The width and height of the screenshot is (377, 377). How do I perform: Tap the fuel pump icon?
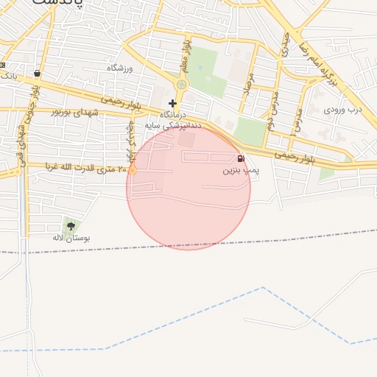point(241,158)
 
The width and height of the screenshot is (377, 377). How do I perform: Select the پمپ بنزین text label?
point(241,170)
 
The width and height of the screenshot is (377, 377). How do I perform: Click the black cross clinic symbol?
point(172,103)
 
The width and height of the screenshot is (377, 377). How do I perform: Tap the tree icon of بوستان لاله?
point(70,226)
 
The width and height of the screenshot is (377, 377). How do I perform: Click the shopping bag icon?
point(38,74)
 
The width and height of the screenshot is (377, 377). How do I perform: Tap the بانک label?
point(8,75)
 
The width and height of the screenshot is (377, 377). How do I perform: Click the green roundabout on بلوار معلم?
point(181,85)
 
